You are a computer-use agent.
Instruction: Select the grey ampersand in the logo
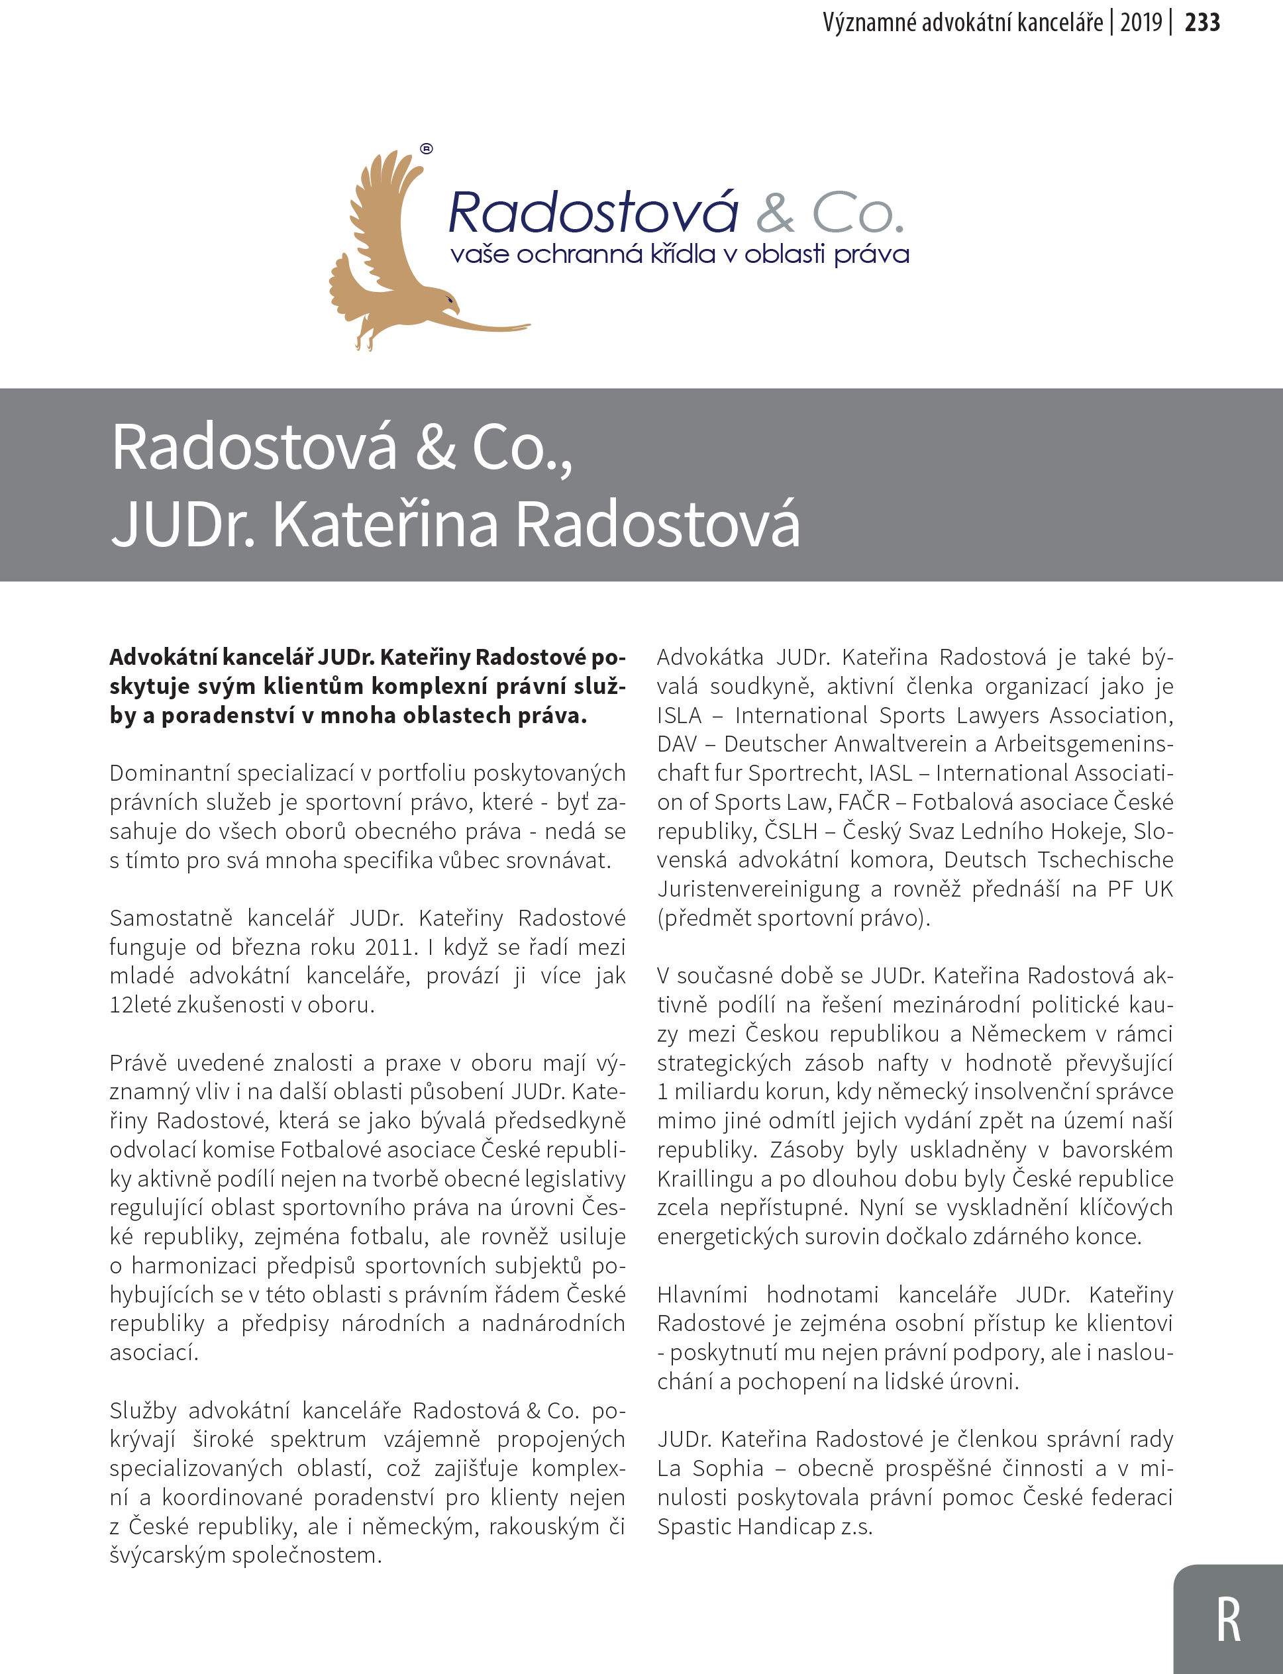(x=775, y=214)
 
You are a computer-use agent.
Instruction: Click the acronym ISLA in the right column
(x=679, y=715)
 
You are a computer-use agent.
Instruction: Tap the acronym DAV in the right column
(x=678, y=744)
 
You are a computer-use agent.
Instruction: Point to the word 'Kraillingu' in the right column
(x=705, y=1179)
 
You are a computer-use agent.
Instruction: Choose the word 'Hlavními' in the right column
(x=702, y=1295)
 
